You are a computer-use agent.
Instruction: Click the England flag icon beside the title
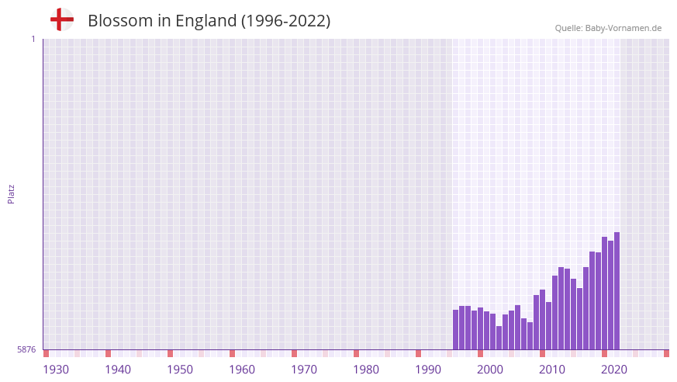61,20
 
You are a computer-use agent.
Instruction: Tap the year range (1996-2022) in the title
286,21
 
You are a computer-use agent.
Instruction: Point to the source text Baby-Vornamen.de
623,28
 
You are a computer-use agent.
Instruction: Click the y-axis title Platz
11,194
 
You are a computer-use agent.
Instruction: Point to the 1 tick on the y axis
33,39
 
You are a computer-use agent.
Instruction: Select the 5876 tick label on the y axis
26,350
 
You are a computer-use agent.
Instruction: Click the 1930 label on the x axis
56,370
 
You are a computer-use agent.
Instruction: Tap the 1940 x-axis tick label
118,370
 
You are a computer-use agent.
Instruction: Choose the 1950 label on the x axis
180,370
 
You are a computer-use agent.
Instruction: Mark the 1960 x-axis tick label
242,370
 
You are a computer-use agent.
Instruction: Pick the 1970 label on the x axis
304,370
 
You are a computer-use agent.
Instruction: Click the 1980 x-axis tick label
366,370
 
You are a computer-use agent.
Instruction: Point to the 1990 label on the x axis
428,370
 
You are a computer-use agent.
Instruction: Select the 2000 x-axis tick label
490,370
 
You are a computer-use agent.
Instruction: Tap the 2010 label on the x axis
552,370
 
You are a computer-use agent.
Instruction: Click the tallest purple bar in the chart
617,291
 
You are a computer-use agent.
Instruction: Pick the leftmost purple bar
456,330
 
